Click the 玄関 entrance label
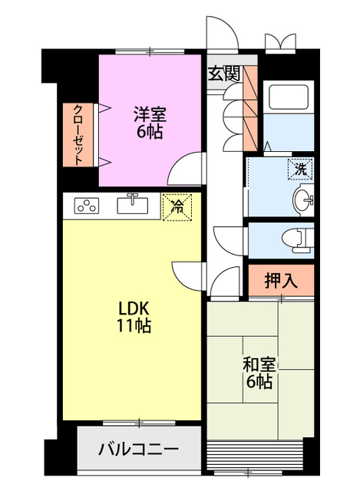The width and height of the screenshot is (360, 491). tap(224, 74)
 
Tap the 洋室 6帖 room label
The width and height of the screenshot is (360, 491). tap(150, 123)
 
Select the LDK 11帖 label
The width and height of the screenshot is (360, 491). tap(134, 317)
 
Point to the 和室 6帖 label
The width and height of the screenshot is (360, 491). tap(259, 372)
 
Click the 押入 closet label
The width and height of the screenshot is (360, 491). tap(281, 280)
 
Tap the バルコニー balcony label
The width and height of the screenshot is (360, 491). tap(138, 450)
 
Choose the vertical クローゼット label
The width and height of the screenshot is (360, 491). tap(78, 135)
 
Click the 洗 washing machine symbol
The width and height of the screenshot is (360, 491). tap(300, 170)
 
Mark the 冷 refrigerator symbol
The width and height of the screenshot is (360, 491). tap(177, 207)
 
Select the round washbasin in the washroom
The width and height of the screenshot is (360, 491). tap(303, 199)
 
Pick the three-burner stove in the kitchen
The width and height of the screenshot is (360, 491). tap(87, 206)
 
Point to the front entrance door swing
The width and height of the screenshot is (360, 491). tap(223, 32)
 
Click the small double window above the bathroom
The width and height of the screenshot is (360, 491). tap(280, 42)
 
